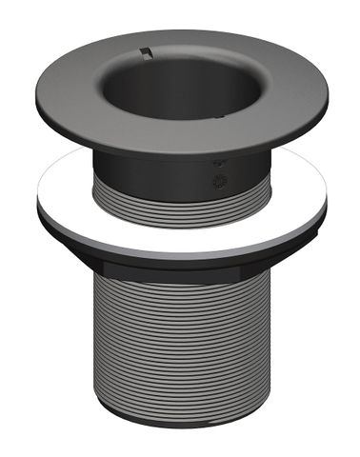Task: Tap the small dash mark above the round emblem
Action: coord(222,164)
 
